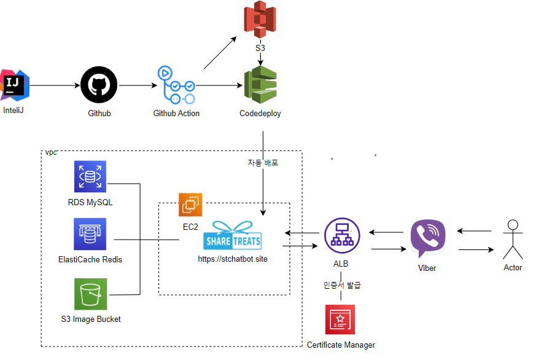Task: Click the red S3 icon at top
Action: tap(260, 18)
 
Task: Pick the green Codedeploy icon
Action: tap(260, 85)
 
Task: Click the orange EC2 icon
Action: tap(190, 205)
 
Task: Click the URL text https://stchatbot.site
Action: tap(233, 259)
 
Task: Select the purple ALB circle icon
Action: tap(341, 235)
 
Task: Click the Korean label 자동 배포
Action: tap(263, 163)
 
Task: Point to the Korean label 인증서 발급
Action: tap(342, 285)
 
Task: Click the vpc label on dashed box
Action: tap(50, 152)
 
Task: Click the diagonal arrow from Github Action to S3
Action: tap(220, 53)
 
